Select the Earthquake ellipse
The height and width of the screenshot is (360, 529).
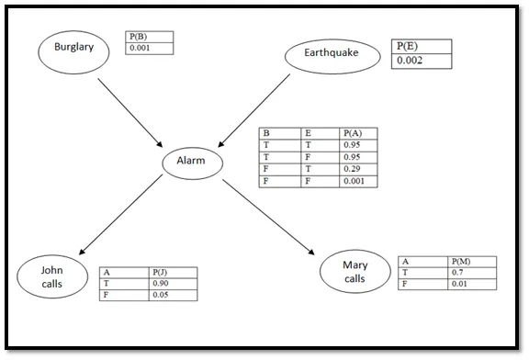point(332,56)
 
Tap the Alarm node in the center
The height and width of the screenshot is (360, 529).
point(194,163)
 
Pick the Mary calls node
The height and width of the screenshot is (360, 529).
point(355,271)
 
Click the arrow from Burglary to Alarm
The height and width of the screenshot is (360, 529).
point(129,111)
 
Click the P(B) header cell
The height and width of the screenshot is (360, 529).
point(149,37)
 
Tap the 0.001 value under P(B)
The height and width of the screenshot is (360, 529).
point(149,49)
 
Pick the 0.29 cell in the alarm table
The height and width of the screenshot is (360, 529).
point(357,169)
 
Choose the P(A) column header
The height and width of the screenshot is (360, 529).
point(357,133)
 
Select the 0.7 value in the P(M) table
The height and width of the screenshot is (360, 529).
point(473,273)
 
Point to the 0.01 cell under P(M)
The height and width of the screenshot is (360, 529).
point(473,285)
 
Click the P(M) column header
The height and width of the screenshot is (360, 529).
point(473,262)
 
